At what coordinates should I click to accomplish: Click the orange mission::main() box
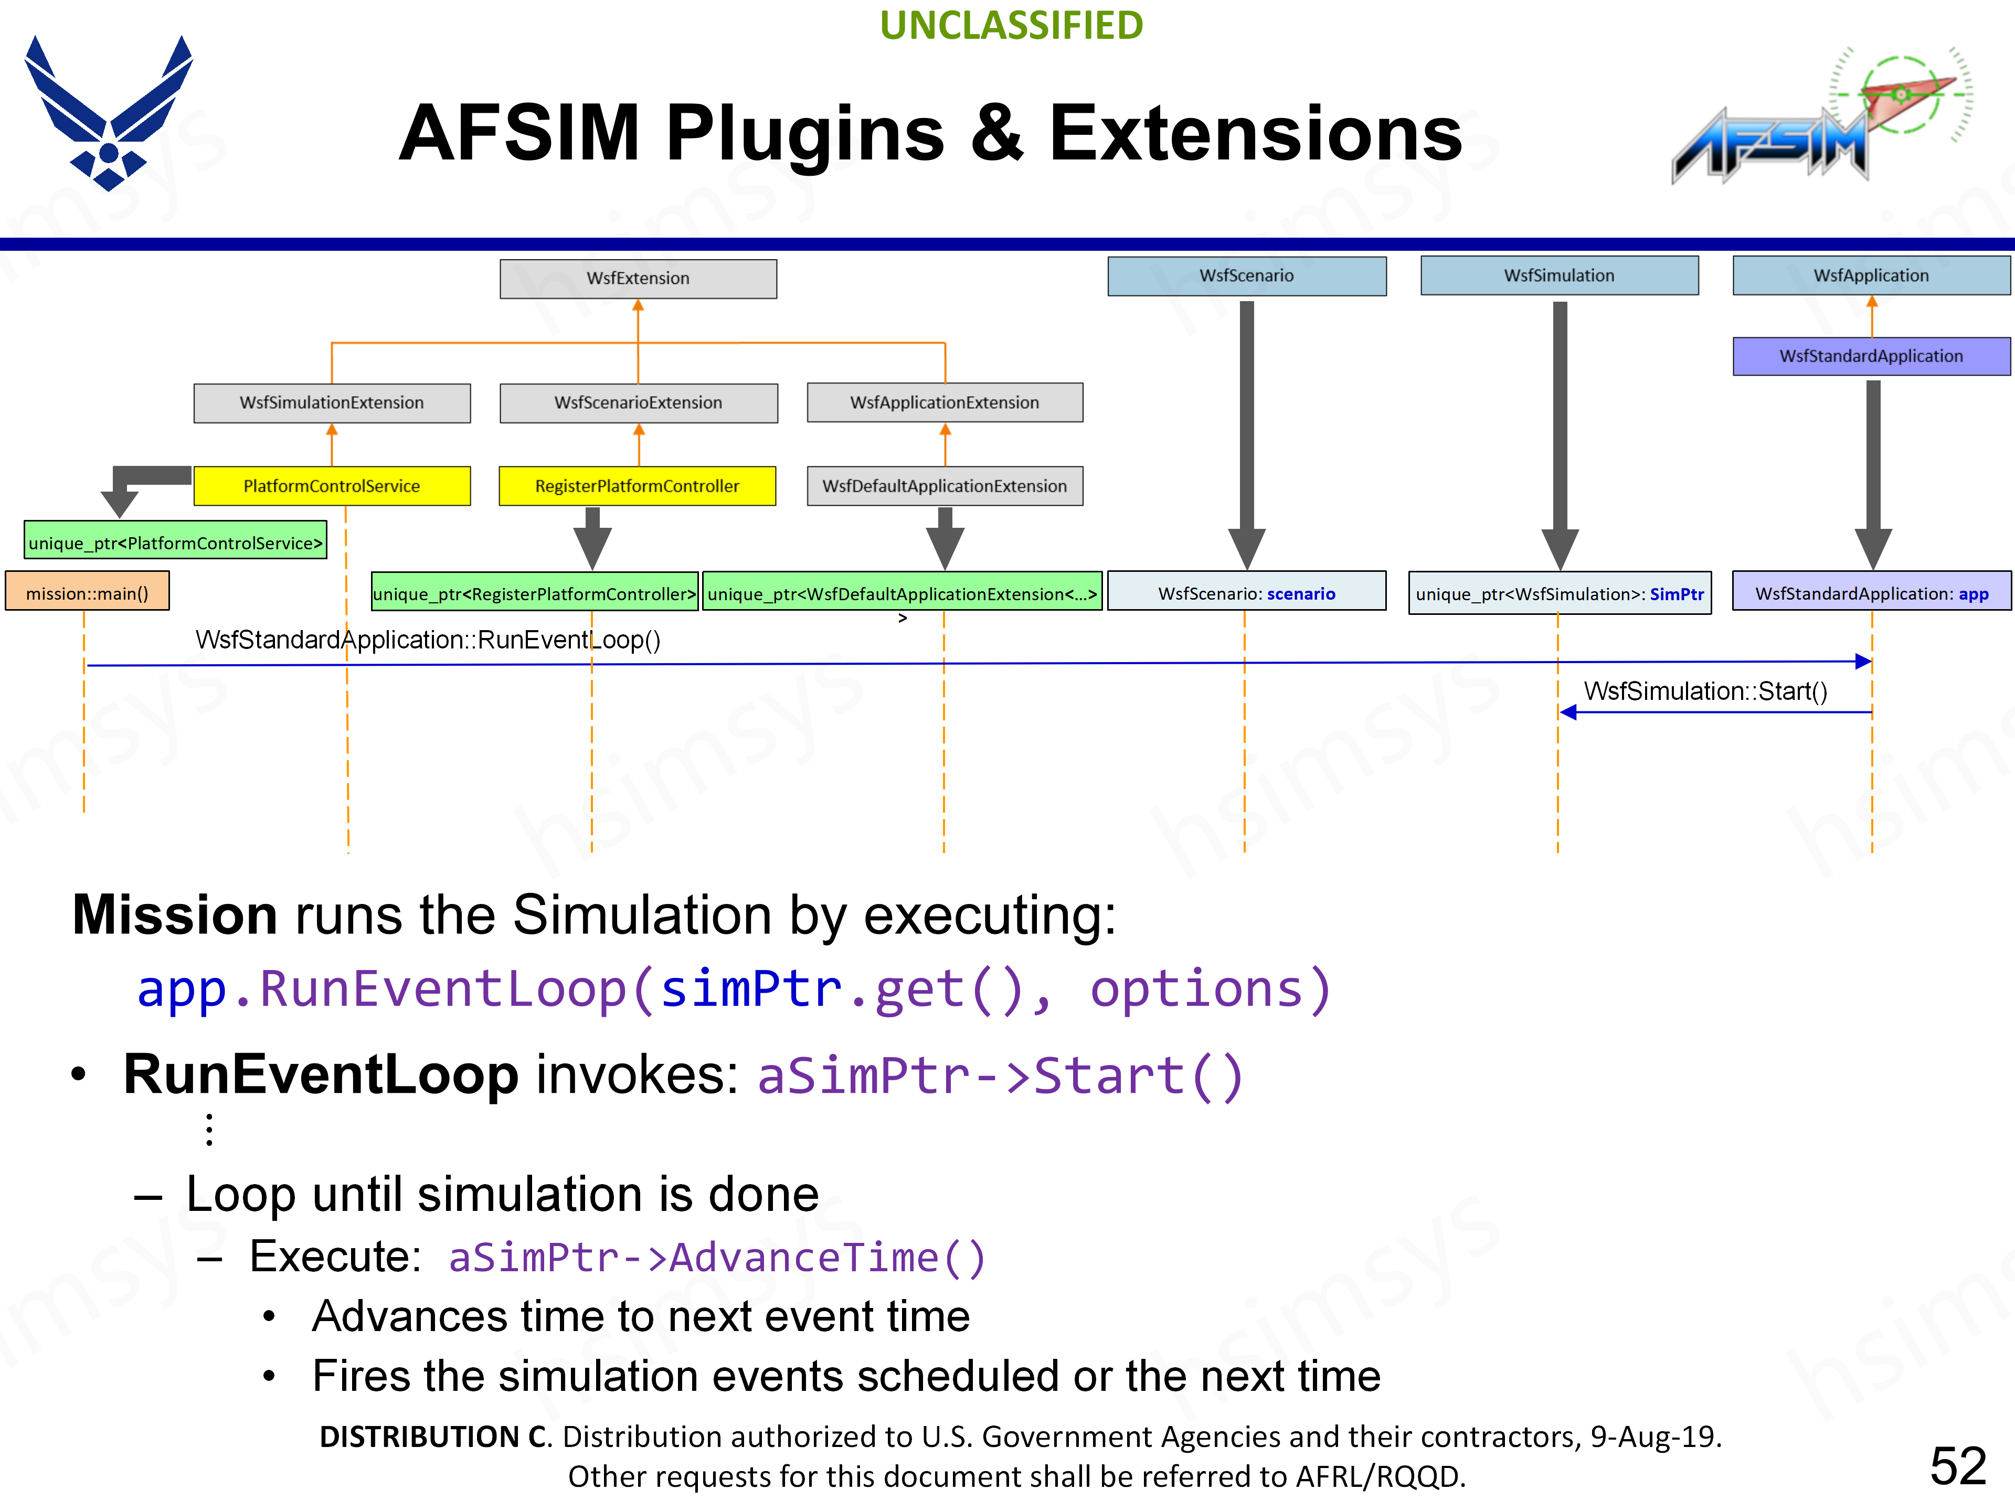(x=88, y=593)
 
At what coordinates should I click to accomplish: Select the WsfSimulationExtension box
(x=332, y=402)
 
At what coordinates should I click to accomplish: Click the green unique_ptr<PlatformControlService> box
(x=175, y=543)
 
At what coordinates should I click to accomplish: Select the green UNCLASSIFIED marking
(x=1011, y=26)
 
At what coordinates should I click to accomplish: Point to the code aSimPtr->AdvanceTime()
(x=717, y=1258)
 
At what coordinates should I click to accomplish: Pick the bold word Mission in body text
(x=175, y=914)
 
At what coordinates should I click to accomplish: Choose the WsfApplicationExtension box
(x=945, y=402)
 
